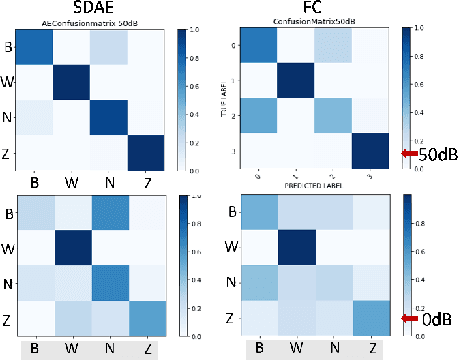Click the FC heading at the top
click(x=327, y=9)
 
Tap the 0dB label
click(x=432, y=320)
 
